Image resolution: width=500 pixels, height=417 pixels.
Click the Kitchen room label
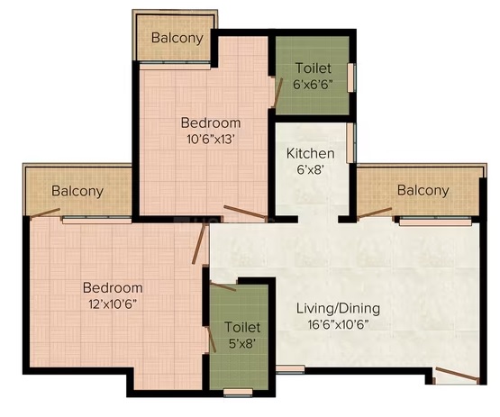tap(310, 154)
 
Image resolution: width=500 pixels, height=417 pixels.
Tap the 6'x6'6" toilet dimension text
tap(313, 86)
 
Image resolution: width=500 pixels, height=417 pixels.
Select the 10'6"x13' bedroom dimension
tap(211, 140)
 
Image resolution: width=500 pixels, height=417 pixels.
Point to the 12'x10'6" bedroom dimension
tap(113, 304)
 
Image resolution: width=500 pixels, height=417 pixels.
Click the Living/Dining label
tap(338, 309)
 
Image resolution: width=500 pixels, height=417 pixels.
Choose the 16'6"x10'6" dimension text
tap(338, 325)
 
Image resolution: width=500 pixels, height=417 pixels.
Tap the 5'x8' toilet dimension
tap(242, 344)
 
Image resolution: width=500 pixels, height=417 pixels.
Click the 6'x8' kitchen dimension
tap(310, 170)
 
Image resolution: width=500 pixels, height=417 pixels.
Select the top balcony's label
tap(177, 38)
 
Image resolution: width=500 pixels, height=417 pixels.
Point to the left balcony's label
tap(77, 191)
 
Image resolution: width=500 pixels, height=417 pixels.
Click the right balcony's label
tap(423, 190)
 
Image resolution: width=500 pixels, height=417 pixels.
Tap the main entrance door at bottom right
tap(457, 375)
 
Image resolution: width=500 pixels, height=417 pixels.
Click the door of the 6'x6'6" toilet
tap(278, 93)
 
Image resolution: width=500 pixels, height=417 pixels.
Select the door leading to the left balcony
tap(45, 213)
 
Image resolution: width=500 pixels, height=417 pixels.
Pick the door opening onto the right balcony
tap(375, 213)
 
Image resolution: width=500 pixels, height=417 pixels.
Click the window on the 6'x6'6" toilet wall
tap(351, 77)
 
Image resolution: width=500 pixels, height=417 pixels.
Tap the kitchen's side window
tap(350, 143)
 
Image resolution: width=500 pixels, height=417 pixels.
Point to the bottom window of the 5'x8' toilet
tap(238, 393)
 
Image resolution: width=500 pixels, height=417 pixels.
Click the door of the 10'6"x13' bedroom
tap(245, 212)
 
